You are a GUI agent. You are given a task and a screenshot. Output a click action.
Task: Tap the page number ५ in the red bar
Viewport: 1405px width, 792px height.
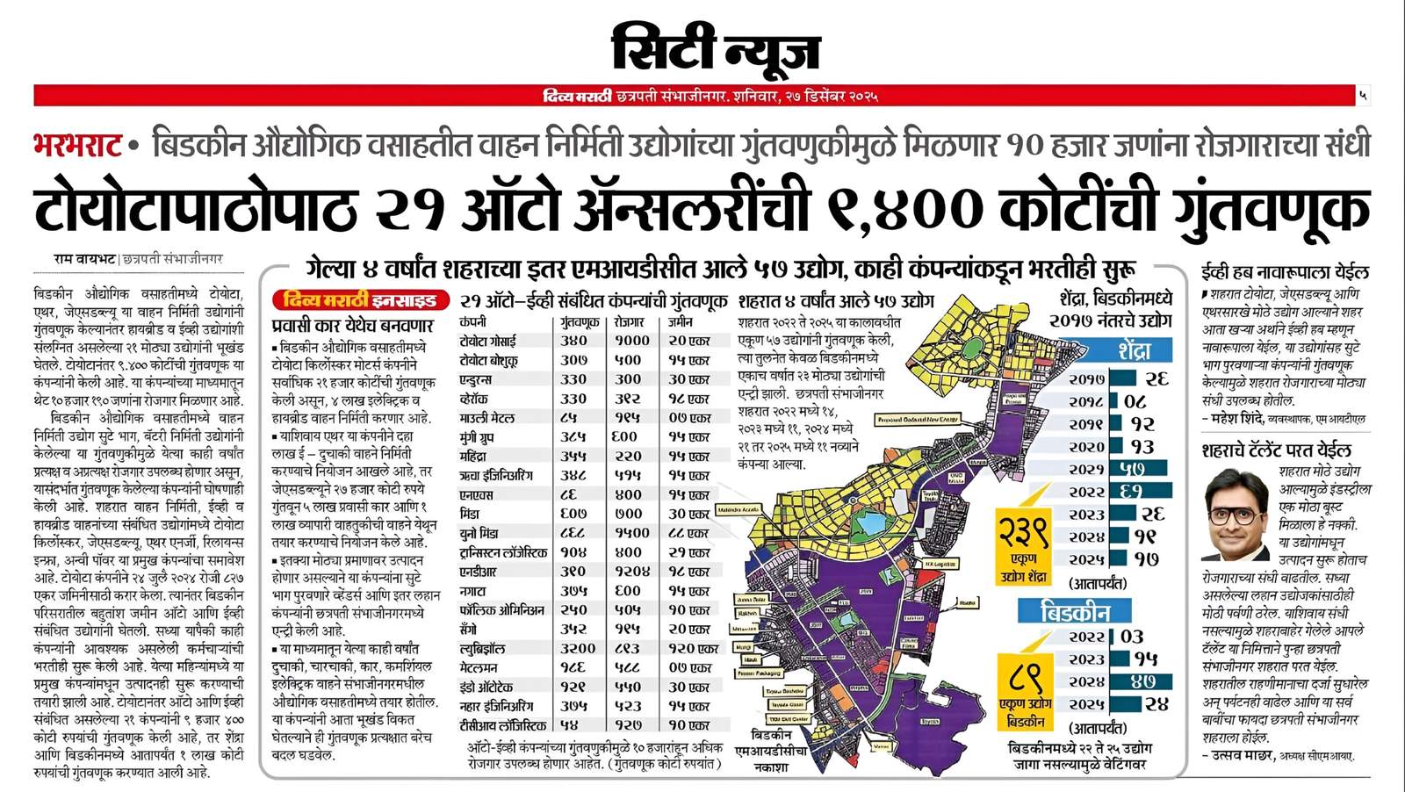[1362, 95]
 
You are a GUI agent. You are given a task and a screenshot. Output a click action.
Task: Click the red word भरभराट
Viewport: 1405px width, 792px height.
[77, 145]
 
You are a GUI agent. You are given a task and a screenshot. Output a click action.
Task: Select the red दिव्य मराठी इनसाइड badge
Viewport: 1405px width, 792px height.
[360, 301]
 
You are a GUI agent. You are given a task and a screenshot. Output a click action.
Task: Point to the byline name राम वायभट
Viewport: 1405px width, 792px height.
[84, 259]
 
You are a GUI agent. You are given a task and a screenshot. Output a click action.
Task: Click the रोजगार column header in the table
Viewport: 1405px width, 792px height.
[629, 322]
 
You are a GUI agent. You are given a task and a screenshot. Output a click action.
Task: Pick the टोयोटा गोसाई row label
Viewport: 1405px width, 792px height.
[488, 341]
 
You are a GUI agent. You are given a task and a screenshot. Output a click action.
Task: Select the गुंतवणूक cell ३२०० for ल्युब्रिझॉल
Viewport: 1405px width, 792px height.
[578, 648]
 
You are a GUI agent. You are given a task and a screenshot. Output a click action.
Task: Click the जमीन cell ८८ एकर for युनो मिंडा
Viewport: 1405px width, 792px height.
[688, 533]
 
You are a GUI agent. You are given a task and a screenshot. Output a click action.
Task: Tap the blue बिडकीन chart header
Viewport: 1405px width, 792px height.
[1074, 611]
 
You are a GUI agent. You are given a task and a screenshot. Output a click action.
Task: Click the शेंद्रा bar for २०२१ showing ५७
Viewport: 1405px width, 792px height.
[1140, 469]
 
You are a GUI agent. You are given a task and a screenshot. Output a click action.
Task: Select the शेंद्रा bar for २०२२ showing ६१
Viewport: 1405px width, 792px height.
[1140, 492]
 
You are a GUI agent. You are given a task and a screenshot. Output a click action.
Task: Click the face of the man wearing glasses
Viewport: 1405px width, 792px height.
[1234, 511]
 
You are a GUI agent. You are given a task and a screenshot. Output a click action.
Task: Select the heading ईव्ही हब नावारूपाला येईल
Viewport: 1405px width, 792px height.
[1285, 273]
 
